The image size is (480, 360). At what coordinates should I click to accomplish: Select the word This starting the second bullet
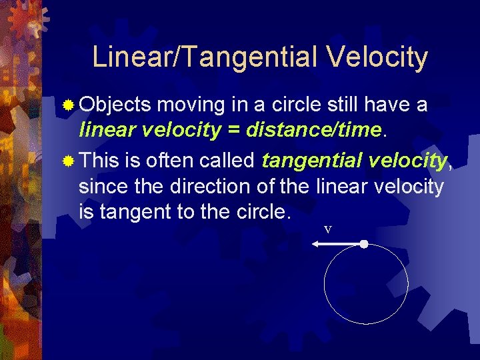pyautogui.click(x=99, y=161)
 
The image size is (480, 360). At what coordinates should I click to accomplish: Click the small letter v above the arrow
pyautogui.click(x=327, y=229)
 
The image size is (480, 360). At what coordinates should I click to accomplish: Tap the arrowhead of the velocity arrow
pyautogui.click(x=315, y=245)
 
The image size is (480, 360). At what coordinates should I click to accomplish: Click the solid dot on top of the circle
pyautogui.click(x=363, y=245)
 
